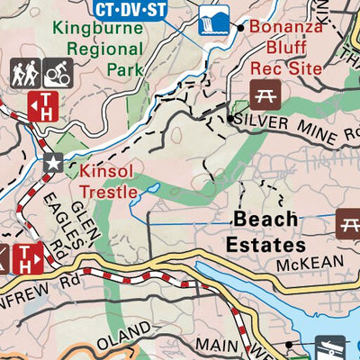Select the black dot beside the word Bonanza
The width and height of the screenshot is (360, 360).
point(240,28)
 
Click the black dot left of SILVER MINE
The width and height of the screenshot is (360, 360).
point(231,118)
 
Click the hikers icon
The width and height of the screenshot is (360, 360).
point(24,73)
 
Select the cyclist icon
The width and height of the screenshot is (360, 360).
point(58,73)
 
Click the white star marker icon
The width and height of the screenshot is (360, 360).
point(52,163)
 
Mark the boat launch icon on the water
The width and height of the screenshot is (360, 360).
point(332,347)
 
